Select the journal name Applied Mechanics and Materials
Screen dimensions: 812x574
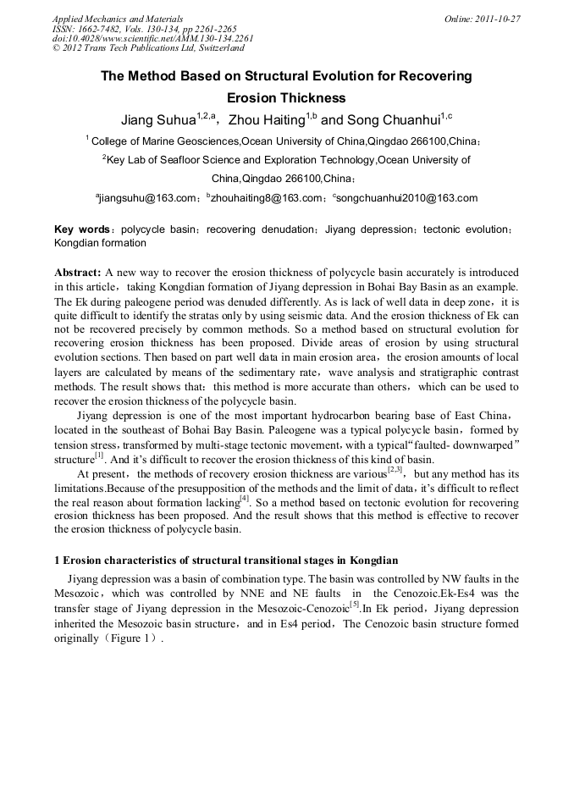click(x=118, y=18)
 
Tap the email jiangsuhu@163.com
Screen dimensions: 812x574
click(x=147, y=198)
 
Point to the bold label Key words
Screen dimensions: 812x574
click(x=81, y=229)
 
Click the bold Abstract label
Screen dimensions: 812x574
click(x=78, y=273)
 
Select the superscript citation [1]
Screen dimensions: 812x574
click(x=98, y=456)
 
